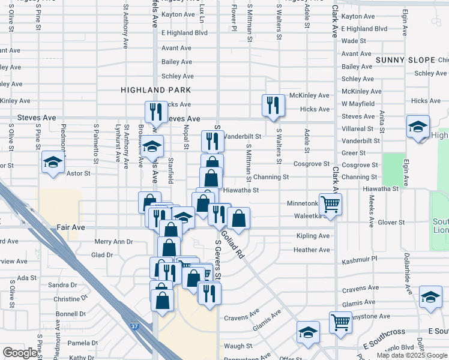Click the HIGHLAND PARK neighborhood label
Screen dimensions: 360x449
155,90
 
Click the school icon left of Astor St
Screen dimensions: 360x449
53,162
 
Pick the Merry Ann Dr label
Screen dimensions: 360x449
113,242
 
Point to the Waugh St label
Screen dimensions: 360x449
238,346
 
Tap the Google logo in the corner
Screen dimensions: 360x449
20,353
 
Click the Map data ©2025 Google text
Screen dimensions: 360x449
412,355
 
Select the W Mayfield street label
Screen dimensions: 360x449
358,104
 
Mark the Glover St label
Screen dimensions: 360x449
392,223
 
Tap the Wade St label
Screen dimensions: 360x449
354,41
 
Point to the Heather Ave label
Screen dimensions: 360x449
312,250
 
